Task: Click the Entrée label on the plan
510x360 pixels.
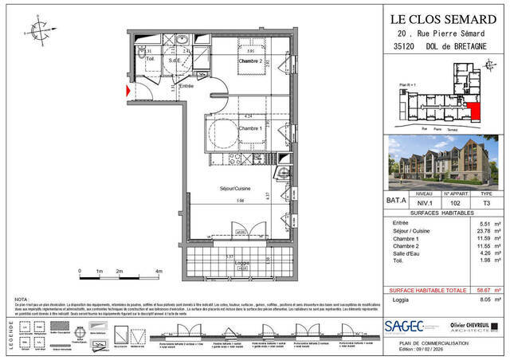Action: coord(186,86)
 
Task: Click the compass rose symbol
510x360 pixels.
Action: coord(38,31)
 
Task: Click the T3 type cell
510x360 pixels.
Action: coord(487,202)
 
